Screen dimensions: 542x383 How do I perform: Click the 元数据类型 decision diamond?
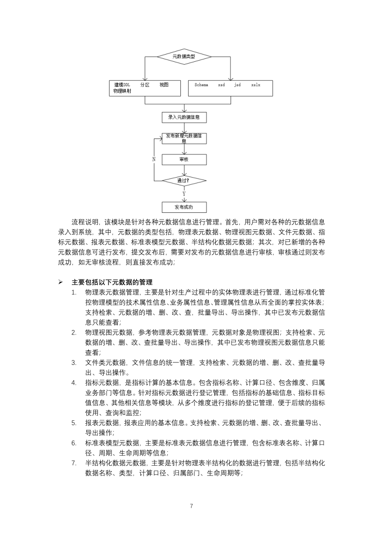pyautogui.click(x=183, y=56)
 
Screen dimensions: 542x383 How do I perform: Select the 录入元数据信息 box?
pyautogui.click(x=184, y=117)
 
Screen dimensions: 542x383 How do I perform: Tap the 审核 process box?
pyautogui.click(x=184, y=159)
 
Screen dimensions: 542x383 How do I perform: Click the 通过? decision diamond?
pyautogui.click(x=184, y=181)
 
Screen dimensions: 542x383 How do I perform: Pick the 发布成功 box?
pyautogui.click(x=184, y=207)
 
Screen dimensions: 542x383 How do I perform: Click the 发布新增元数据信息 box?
pyautogui.click(x=184, y=139)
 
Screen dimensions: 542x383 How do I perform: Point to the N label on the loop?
pyautogui.click(x=154, y=159)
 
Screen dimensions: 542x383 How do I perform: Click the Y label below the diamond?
pyautogui.click(x=184, y=194)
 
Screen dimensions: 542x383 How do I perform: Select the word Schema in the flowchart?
pyautogui.click(x=201, y=85)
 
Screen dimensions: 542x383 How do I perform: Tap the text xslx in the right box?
pyautogui.click(x=256, y=85)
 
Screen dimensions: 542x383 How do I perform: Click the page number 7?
pyautogui.click(x=191, y=506)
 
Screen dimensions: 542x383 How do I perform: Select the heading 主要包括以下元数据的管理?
pyautogui.click(x=113, y=282)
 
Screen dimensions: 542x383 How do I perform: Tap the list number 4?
pyautogui.click(x=74, y=383)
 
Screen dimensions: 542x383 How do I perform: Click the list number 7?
pyautogui.click(x=74, y=463)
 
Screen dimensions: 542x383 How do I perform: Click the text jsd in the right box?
pyautogui.click(x=237, y=85)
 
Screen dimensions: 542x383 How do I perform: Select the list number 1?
pyautogui.click(x=74, y=292)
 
